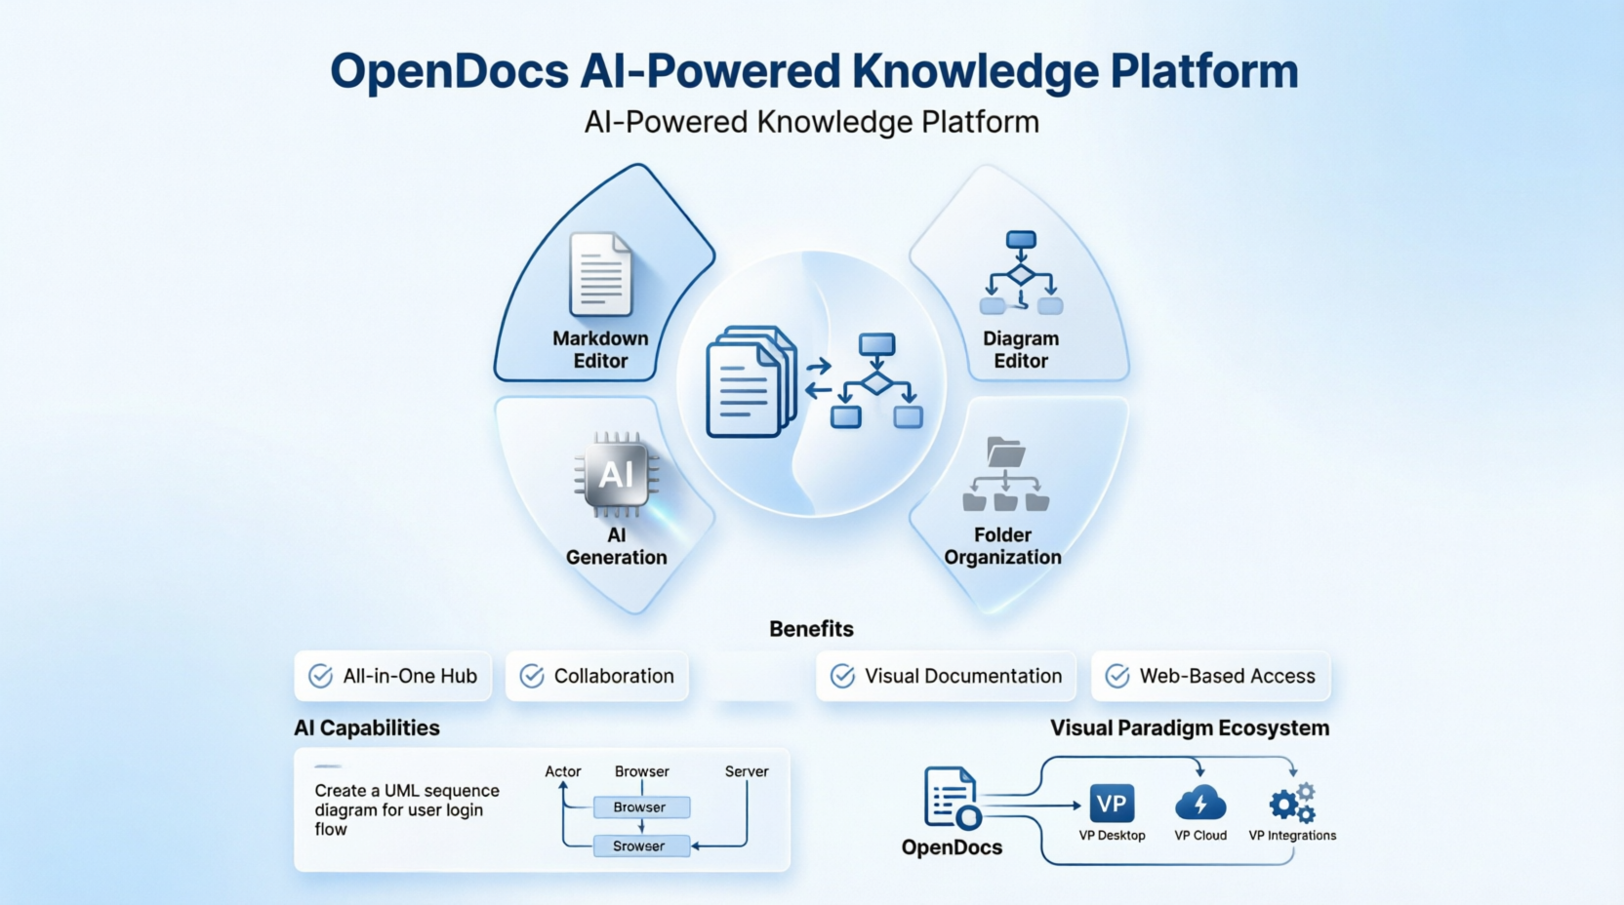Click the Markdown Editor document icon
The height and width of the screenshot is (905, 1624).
click(x=600, y=274)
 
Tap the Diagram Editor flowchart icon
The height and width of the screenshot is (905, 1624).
click(x=1021, y=273)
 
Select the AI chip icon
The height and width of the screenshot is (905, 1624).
click(x=617, y=474)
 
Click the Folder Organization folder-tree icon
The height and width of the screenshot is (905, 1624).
click(x=1005, y=475)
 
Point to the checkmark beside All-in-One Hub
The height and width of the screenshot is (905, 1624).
click(x=320, y=676)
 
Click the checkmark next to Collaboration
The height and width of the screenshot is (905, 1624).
click(x=532, y=676)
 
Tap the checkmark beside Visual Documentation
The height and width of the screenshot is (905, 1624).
click(x=842, y=676)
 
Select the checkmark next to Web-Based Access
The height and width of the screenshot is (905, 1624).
click(x=1117, y=676)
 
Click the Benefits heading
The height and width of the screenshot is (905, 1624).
click(x=811, y=629)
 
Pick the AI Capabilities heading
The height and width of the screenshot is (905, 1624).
click(x=367, y=728)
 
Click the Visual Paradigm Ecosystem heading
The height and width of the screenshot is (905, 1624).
click(x=1190, y=728)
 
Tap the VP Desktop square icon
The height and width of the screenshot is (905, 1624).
click(x=1112, y=804)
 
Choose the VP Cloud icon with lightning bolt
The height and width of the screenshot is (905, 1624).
click(x=1200, y=804)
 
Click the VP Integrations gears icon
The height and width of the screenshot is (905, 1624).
click(x=1293, y=804)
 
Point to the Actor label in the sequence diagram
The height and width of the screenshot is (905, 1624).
click(x=563, y=771)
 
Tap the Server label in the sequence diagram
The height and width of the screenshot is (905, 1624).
click(x=747, y=771)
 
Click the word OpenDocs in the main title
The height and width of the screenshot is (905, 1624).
click(x=449, y=71)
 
